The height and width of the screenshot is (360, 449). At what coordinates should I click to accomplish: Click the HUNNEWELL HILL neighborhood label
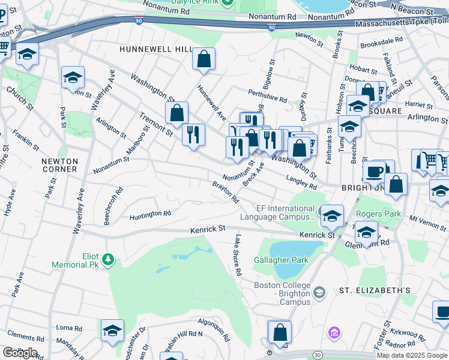155,49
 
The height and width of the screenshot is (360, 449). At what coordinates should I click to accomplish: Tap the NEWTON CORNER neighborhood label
59,165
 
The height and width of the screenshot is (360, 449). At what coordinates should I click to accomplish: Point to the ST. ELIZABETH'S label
375,290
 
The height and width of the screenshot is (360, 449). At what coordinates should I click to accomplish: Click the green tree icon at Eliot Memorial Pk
108,259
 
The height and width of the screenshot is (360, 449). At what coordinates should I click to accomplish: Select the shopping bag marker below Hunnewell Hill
204,59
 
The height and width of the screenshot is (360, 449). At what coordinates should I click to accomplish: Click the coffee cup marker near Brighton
375,171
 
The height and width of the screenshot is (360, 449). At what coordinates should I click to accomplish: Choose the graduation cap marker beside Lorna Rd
112,331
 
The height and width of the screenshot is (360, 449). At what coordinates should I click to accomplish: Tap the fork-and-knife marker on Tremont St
193,134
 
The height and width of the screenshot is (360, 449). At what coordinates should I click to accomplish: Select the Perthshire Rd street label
268,94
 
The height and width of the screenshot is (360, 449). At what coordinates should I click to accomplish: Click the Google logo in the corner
20,353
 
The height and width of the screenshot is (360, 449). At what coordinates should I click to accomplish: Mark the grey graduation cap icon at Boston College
319,292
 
